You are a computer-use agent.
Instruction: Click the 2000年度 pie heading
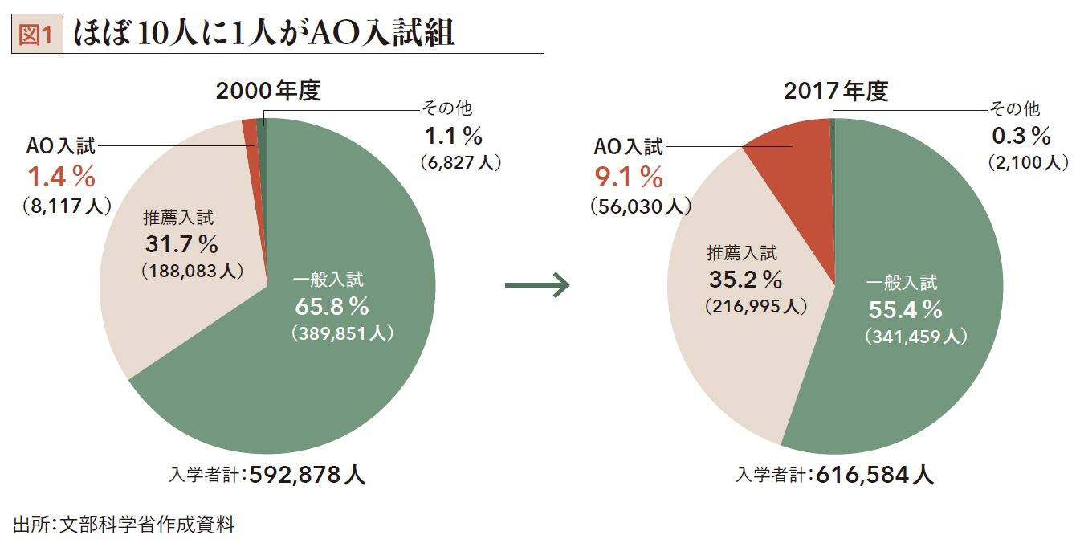[268, 92]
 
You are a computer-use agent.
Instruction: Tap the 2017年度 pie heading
[836, 92]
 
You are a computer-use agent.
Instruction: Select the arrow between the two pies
[537, 285]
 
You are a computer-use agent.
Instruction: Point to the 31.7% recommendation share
[181, 243]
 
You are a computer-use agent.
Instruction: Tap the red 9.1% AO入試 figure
[627, 176]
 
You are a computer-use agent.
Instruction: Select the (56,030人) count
[640, 206]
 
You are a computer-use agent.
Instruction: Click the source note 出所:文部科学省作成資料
[124, 525]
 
